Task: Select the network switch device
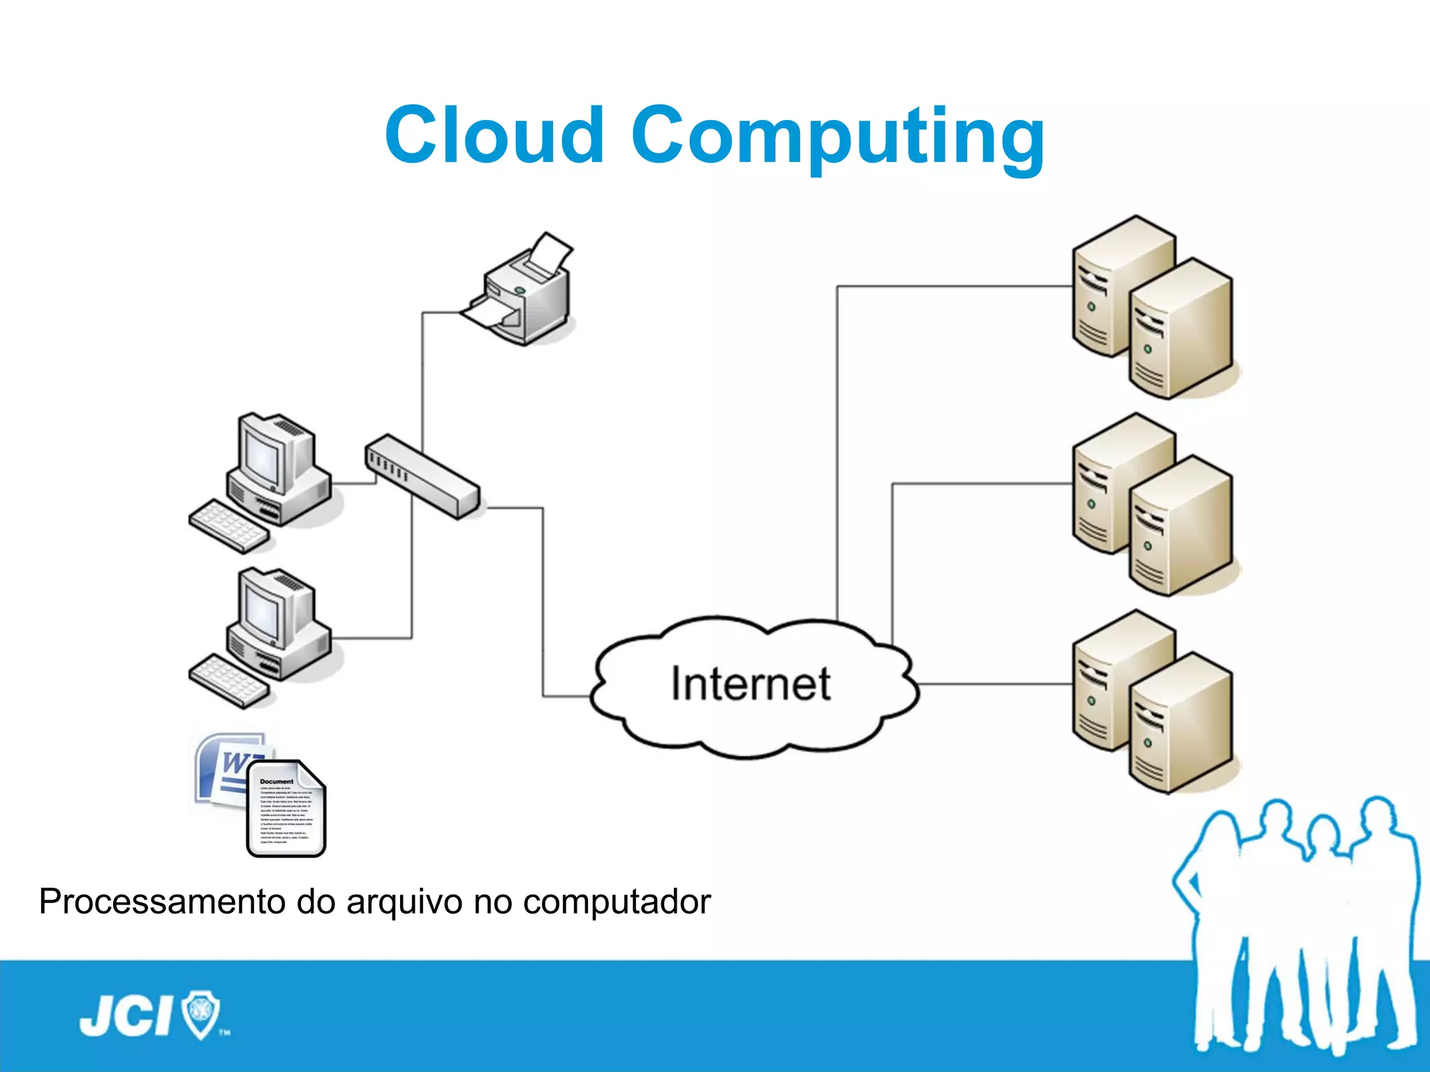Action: point(422,477)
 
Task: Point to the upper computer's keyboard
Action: point(229,526)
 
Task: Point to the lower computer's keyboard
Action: point(229,681)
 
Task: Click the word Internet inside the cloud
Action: point(751,684)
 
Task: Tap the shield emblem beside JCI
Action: point(201,1013)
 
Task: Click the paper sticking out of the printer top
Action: point(552,253)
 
